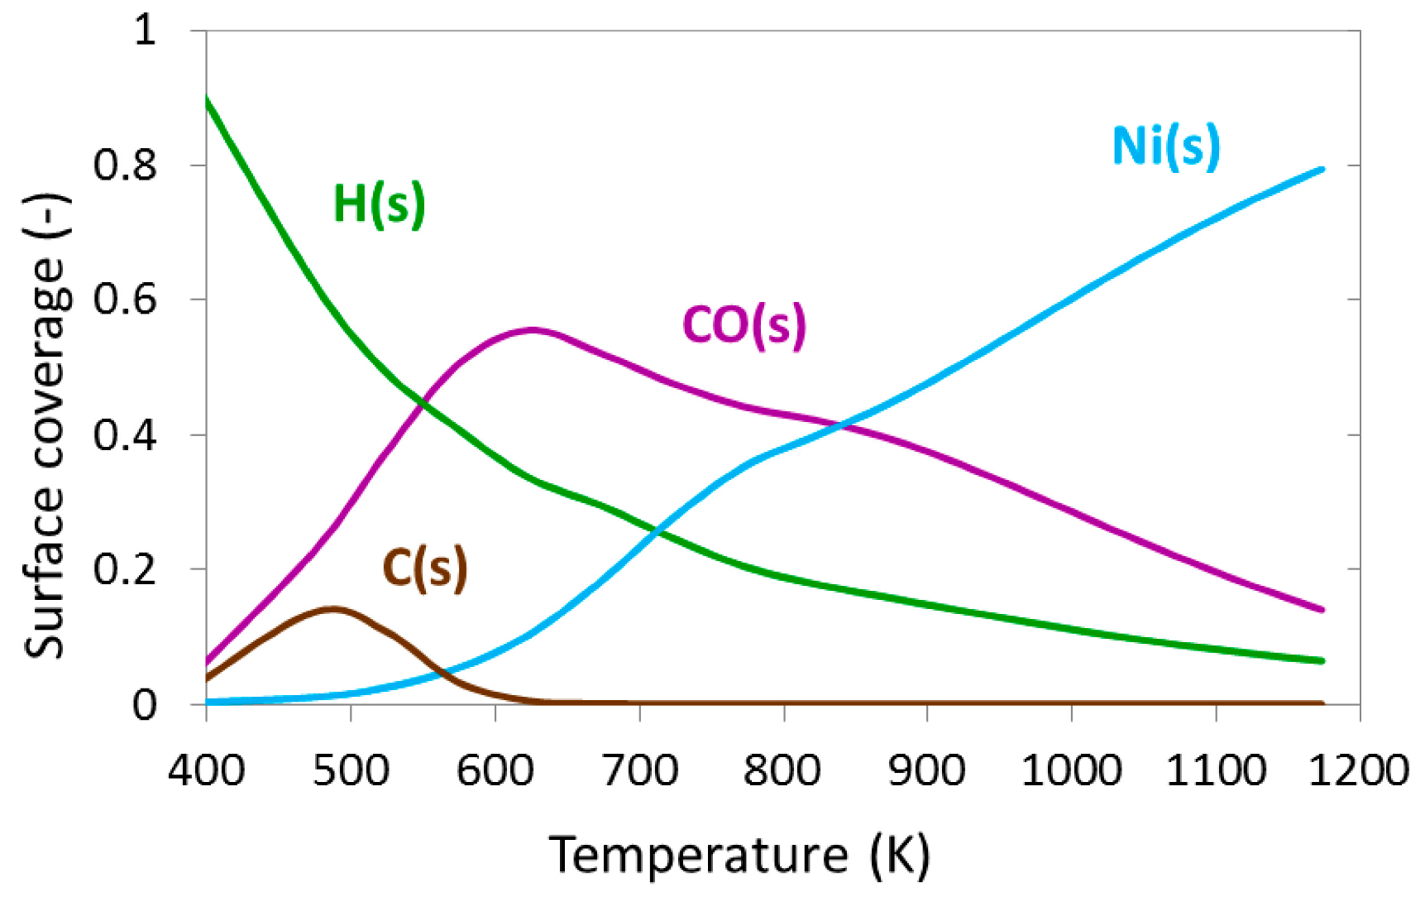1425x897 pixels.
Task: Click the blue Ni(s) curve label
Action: [1165, 147]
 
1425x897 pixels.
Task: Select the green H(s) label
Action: [379, 204]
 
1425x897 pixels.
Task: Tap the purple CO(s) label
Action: [744, 324]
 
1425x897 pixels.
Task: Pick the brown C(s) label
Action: [424, 568]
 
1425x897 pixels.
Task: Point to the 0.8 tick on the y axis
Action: [125, 165]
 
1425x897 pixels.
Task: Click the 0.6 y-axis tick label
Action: [125, 299]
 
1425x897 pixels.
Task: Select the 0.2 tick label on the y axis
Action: [125, 568]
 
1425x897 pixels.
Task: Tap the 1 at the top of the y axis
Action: [145, 31]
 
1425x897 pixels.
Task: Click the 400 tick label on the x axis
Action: [206, 770]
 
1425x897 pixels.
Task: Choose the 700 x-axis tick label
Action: [639, 770]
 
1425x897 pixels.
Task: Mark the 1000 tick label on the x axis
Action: [1071, 770]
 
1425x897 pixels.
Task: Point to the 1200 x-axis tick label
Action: [1360, 770]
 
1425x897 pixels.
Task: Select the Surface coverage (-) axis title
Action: [45, 426]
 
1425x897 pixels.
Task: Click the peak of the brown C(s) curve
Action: [332, 609]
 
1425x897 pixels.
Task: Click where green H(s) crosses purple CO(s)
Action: [423, 404]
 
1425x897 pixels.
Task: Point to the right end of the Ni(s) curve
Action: [1322, 170]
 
